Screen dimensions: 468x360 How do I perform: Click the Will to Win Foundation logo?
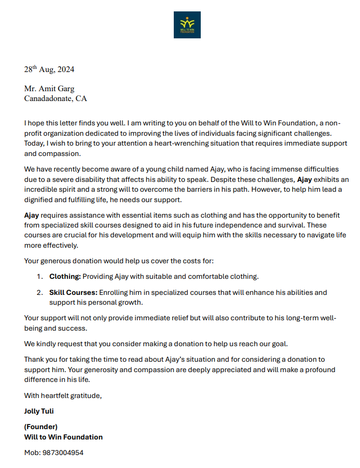pos(187,24)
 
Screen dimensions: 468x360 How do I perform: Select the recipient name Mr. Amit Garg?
pos(49,89)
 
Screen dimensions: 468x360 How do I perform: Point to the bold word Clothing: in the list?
pos(65,277)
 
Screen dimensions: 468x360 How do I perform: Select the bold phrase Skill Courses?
pos(73,292)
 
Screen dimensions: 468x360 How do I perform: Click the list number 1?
pos(39,277)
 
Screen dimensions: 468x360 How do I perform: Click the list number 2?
pos(39,292)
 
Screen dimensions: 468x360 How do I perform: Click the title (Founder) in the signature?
pos(41,427)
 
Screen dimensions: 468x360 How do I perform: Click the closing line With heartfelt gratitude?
pos(63,396)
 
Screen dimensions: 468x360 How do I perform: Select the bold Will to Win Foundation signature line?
pos(63,437)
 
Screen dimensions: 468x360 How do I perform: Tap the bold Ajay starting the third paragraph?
pos(32,215)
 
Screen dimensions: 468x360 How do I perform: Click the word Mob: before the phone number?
pos(32,452)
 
